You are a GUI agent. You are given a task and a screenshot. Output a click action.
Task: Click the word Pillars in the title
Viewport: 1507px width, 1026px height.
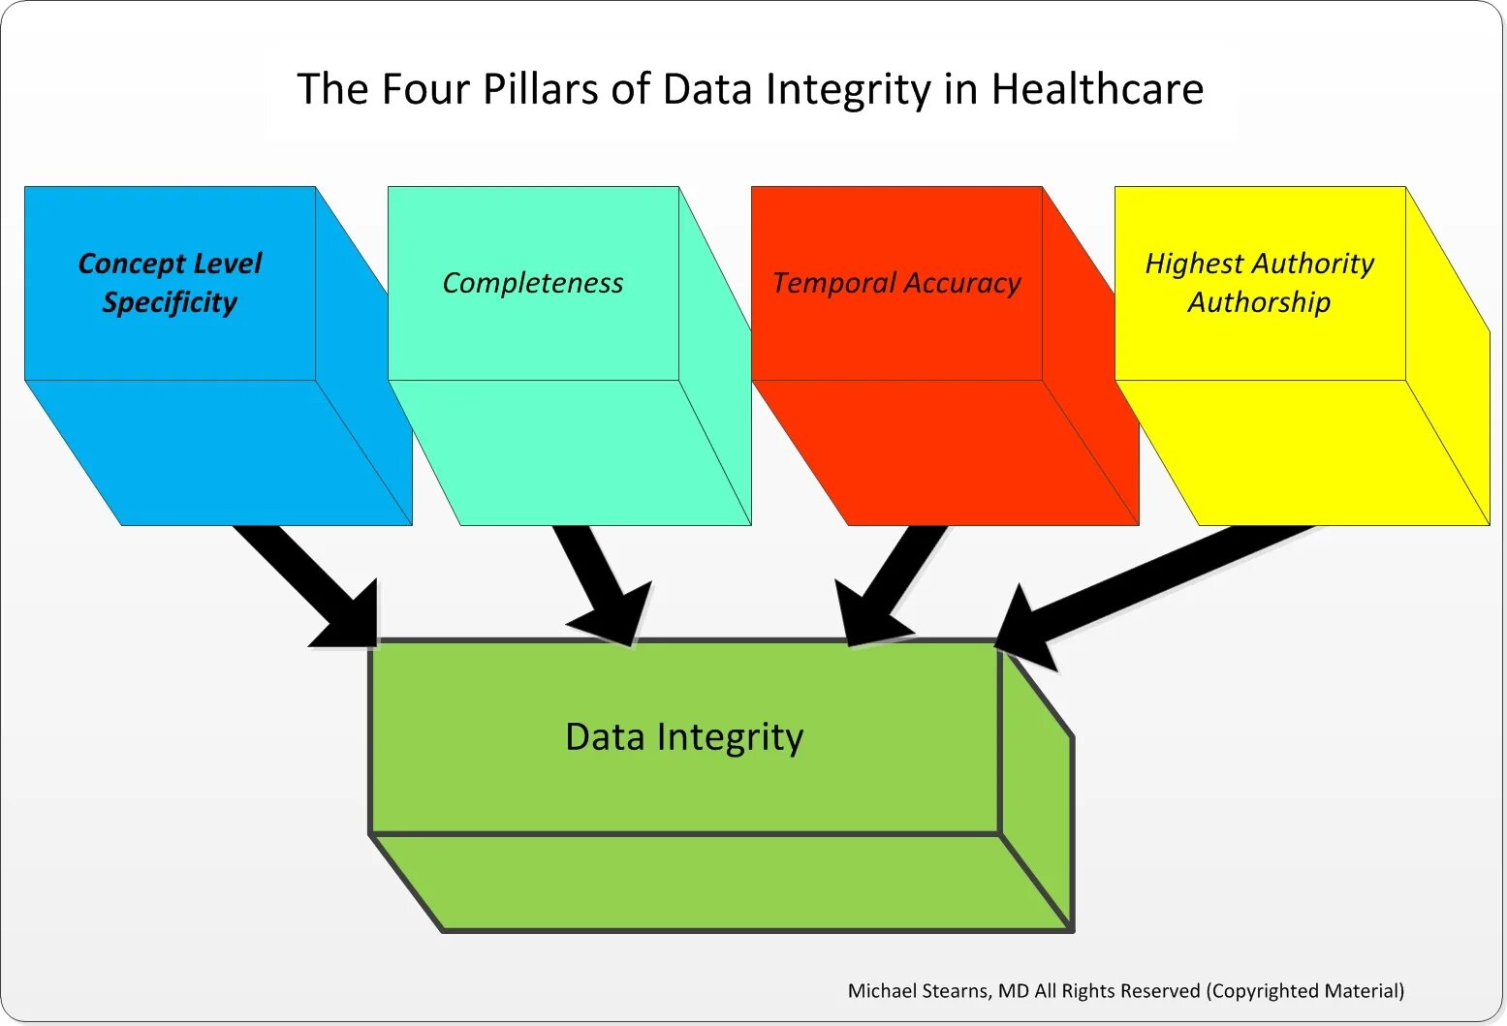[540, 89]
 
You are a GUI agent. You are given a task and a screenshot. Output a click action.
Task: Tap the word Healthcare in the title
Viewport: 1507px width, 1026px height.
[1097, 89]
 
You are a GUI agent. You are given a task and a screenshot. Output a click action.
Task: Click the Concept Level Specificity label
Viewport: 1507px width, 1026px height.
[170, 282]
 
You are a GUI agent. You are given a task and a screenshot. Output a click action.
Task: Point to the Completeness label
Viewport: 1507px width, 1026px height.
[533, 283]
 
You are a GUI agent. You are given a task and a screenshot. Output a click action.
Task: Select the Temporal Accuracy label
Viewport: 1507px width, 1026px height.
[896, 283]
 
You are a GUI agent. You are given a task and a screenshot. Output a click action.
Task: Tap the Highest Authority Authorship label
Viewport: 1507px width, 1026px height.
[1259, 282]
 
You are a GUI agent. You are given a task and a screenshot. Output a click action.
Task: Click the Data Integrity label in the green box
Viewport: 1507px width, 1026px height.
[684, 737]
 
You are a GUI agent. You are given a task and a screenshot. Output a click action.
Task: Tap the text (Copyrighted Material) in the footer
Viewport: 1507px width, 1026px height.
[1305, 991]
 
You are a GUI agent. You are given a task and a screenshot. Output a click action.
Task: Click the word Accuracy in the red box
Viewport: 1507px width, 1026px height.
[963, 283]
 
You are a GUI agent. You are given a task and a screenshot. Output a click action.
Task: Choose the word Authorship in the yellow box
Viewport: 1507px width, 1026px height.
[1259, 302]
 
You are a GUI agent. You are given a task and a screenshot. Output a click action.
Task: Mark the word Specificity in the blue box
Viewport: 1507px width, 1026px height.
[170, 302]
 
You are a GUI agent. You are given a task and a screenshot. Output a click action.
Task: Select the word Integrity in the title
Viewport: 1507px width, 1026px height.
[847, 89]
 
